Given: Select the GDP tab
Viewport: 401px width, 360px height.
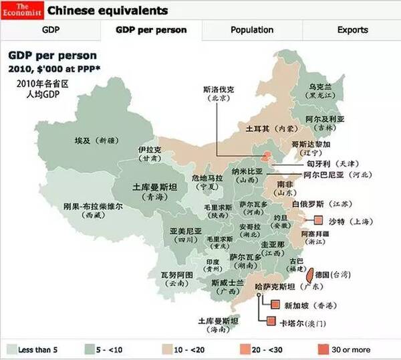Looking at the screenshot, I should [51, 30].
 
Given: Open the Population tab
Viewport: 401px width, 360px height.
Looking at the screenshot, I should [252, 30].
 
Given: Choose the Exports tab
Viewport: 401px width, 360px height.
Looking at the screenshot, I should [352, 30].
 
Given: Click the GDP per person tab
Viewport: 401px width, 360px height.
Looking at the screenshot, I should [151, 30].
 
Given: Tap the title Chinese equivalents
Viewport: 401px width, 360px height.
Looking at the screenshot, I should [107, 11].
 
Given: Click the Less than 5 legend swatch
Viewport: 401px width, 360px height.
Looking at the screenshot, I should [11, 349].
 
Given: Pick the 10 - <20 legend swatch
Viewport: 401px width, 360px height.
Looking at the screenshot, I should [166, 349].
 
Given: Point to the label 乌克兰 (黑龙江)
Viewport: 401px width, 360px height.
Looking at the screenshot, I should [320, 91].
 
